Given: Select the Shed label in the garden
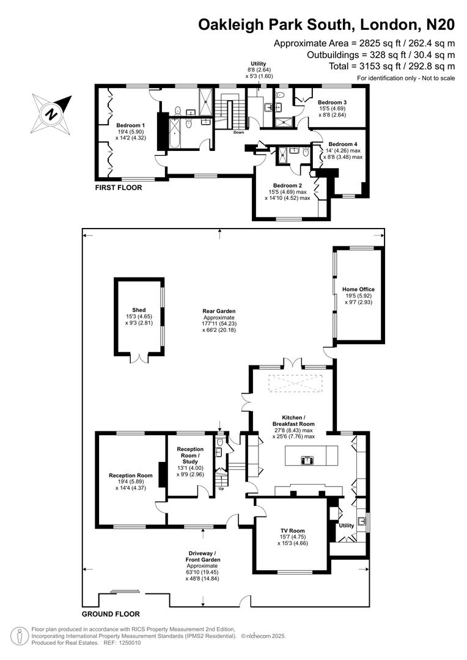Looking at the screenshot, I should tap(139, 310).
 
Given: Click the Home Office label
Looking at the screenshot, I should tap(358, 289).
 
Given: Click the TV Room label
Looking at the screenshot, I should tap(292, 531).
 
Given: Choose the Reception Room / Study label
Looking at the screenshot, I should tap(190, 453).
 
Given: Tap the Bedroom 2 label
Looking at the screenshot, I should tap(288, 186).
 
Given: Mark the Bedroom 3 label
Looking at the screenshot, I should tap(332, 102).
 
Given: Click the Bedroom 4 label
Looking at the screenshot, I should tap(342, 144).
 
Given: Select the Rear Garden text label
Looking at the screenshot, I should tap(219, 311).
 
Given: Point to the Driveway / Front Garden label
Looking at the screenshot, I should tap(204, 559).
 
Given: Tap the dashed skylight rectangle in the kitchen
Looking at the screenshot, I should tap(292, 384).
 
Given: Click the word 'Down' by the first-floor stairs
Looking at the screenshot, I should tap(238, 132).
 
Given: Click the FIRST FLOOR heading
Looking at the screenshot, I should tap(119, 188).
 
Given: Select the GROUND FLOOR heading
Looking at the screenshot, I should tap(111, 614).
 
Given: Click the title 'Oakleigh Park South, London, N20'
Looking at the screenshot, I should tap(326, 24).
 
